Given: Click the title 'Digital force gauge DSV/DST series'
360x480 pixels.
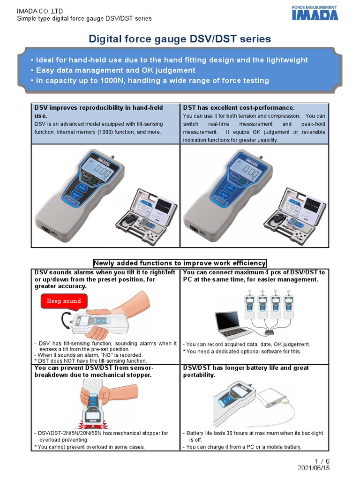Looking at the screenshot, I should [180, 39].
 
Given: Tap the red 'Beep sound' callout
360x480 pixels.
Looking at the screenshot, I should [64, 301].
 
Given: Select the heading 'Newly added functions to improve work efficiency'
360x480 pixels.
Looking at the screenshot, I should [180, 263].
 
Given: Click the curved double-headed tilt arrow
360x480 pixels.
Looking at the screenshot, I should [65, 322].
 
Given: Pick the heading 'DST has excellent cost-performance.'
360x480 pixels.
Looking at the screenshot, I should [239, 108].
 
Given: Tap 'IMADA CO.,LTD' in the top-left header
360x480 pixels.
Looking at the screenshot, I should [40, 10].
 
